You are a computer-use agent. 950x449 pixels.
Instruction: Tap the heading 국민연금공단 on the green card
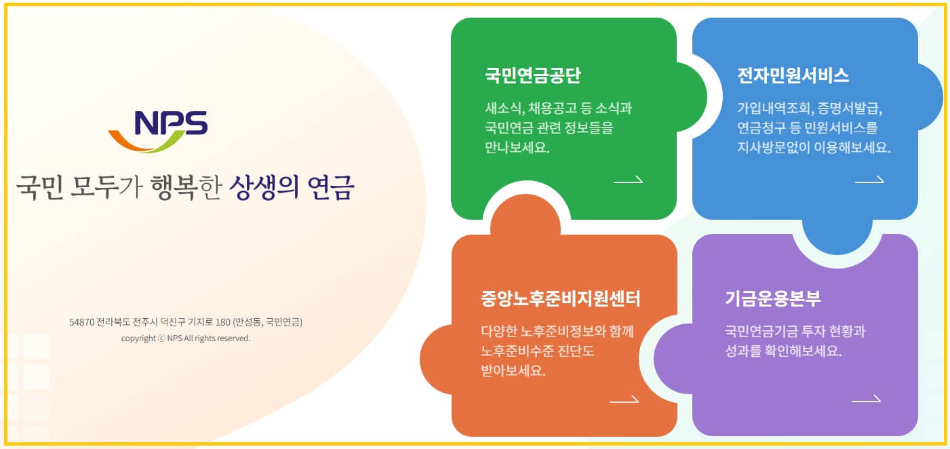tap(532, 75)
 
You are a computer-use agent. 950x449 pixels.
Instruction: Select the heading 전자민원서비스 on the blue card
tap(793, 75)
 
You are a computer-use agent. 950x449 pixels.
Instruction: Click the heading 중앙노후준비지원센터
tap(561, 298)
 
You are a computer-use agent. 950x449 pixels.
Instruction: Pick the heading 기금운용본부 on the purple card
tap(773, 298)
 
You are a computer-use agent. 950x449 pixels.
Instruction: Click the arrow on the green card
tap(628, 180)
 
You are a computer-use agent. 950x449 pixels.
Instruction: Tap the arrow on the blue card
tap(869, 180)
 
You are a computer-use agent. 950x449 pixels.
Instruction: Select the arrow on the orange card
tap(624, 399)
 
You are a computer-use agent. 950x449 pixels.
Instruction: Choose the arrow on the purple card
tap(866, 399)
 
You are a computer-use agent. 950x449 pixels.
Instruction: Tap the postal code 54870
tap(81, 322)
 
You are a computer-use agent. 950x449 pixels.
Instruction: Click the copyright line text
tap(186, 338)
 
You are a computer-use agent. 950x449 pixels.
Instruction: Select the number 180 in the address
tap(223, 322)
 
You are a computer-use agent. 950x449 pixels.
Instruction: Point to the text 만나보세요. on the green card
tap(517, 147)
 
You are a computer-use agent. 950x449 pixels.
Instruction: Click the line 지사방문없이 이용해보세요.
tap(814, 147)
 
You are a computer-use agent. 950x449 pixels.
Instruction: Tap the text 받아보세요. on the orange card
tap(513, 371)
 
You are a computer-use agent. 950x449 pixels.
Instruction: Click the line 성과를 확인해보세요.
tap(783, 352)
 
